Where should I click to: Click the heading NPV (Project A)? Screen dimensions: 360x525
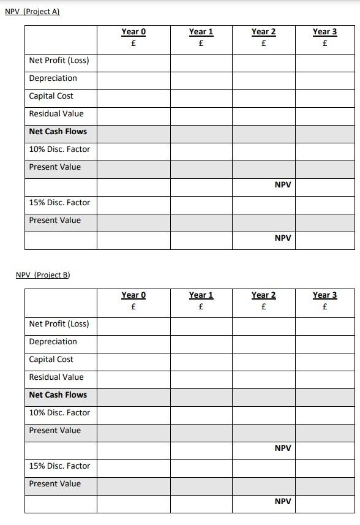tap(32, 12)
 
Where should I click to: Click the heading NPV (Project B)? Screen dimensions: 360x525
tap(43, 275)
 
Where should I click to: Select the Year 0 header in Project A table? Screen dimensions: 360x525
tap(133, 32)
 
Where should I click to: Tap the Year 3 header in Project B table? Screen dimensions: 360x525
tap(324, 295)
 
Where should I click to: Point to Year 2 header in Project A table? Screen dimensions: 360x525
tap(263, 32)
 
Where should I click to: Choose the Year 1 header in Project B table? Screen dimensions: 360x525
tap(201, 295)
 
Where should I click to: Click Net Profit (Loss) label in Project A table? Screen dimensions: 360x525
tap(59, 61)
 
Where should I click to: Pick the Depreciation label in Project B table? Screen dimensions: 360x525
tap(53, 342)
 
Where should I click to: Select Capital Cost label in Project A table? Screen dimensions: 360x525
tap(51, 96)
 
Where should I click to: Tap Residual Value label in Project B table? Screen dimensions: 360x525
tap(56, 377)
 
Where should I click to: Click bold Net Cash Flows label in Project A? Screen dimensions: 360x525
tap(58, 132)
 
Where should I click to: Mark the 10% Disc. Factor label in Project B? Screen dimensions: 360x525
tap(59, 413)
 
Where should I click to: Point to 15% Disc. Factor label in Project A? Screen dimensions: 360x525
tap(59, 203)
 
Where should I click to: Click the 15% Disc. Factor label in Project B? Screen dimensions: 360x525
tap(59, 466)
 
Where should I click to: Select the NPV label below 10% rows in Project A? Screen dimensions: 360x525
tap(283, 185)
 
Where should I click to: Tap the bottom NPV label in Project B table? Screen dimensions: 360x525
tap(283, 502)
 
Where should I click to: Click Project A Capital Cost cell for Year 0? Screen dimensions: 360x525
tap(133, 96)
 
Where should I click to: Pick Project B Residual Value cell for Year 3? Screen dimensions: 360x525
tap(324, 377)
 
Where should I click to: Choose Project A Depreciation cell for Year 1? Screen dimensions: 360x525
tap(201, 78)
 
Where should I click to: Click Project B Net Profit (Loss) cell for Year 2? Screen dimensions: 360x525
tap(263, 324)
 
